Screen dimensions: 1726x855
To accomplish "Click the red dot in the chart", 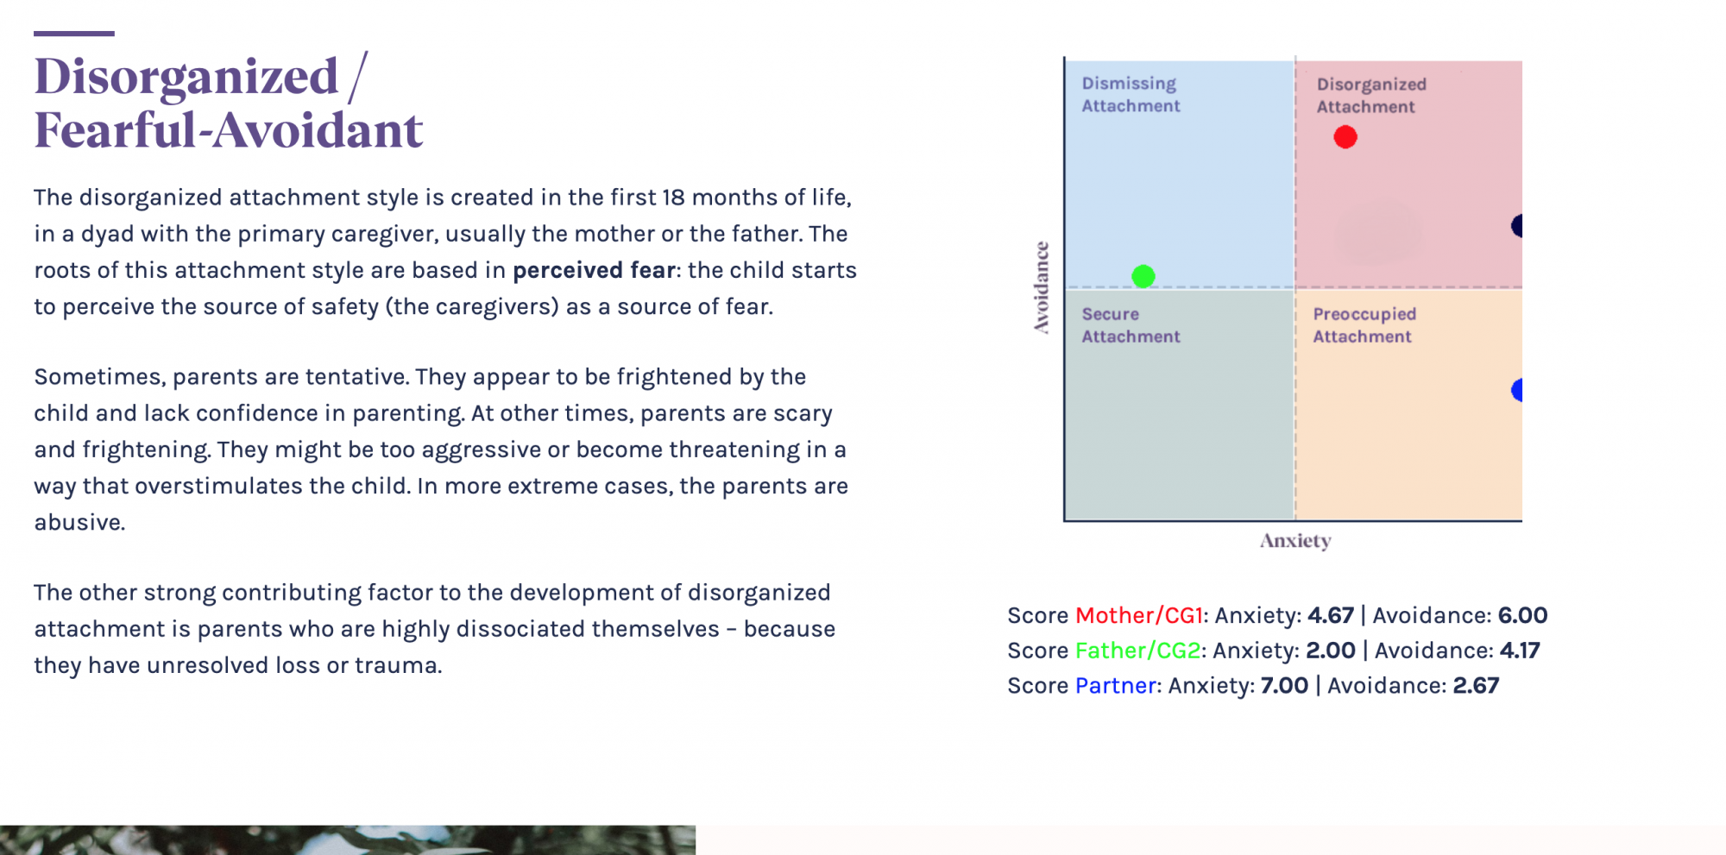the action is click(x=1345, y=137).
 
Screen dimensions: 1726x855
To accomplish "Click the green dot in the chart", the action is click(x=1143, y=276).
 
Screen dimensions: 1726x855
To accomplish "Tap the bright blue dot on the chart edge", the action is click(x=1517, y=390).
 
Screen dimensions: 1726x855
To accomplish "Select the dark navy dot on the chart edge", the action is click(x=1517, y=226).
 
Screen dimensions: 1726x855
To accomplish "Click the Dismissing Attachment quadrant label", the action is click(x=1131, y=95).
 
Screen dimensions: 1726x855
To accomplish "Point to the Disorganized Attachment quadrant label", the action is click(x=1371, y=96).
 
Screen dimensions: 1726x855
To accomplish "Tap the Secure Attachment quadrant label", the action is click(x=1131, y=325).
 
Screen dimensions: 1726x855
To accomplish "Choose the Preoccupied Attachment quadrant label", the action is click(x=1364, y=325).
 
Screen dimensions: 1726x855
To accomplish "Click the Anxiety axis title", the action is click(x=1295, y=541).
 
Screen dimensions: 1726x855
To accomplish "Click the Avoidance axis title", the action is click(x=1043, y=287).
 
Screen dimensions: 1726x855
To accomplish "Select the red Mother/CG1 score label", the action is click(x=1139, y=615).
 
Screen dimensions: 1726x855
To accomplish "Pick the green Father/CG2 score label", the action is click(x=1138, y=651).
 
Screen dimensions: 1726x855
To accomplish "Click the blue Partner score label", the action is click(x=1116, y=686).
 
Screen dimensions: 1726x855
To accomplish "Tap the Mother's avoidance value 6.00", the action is click(x=1522, y=615).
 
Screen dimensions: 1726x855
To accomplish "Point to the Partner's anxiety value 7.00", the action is click(x=1284, y=686).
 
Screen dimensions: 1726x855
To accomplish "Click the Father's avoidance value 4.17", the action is click(x=1520, y=651).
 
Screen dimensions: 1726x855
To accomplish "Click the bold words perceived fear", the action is click(x=594, y=271).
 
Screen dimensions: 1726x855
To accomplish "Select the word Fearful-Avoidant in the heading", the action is click(x=229, y=130).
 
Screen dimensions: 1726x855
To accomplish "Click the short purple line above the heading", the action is click(x=74, y=34).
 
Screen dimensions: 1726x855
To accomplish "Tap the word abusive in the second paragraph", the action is click(x=79, y=522).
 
